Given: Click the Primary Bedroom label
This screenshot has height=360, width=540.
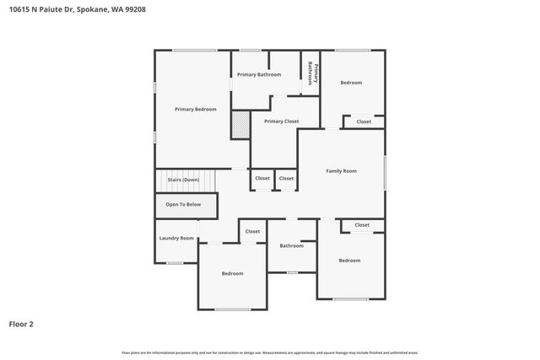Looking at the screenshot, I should point(196,109).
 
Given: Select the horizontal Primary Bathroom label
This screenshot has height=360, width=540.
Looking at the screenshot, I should point(258,75).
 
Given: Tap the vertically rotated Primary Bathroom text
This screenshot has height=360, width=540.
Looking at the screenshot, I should point(310,73).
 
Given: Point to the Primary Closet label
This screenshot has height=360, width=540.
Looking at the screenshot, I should point(281,121).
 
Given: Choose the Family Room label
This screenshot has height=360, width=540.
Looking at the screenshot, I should point(342,170).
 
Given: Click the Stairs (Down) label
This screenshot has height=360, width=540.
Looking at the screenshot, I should point(183,180).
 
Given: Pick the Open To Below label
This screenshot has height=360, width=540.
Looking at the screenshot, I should point(183,204).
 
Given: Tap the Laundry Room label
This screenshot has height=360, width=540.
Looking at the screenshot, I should point(176,238).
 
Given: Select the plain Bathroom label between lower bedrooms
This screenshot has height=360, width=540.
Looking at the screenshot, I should point(292,245).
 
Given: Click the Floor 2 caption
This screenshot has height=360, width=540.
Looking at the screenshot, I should point(21,323).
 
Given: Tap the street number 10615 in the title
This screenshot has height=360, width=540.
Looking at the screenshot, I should point(19,9).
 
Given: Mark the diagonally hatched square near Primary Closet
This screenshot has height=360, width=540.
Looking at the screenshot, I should point(241,126).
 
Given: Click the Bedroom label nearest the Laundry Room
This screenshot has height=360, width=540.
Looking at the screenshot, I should point(233,273).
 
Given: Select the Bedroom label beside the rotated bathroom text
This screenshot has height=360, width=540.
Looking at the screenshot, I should point(351,82).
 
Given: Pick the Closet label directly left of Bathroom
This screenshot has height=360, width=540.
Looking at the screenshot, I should point(253,231).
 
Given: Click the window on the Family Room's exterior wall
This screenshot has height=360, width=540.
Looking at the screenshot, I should point(386,173).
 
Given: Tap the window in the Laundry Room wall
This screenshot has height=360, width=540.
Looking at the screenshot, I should point(174,263).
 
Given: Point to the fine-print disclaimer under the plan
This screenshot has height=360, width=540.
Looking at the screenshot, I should point(270,352).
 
